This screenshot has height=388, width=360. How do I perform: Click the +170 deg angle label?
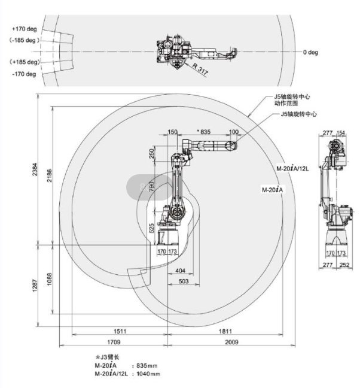[x=25, y=29]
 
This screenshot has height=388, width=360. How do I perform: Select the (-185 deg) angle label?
[x=25, y=40]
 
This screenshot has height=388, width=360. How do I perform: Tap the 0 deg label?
[x=310, y=52]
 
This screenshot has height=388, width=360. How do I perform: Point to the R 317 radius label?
[x=200, y=69]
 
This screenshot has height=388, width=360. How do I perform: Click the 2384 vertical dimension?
[x=35, y=169]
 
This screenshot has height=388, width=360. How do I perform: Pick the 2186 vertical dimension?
[x=50, y=175]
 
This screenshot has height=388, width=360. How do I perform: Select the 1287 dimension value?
[x=35, y=286]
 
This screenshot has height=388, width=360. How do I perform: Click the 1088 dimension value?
[x=50, y=279]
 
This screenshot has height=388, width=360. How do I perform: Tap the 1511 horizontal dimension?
[x=120, y=331]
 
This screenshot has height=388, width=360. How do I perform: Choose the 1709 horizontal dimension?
[x=114, y=342]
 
